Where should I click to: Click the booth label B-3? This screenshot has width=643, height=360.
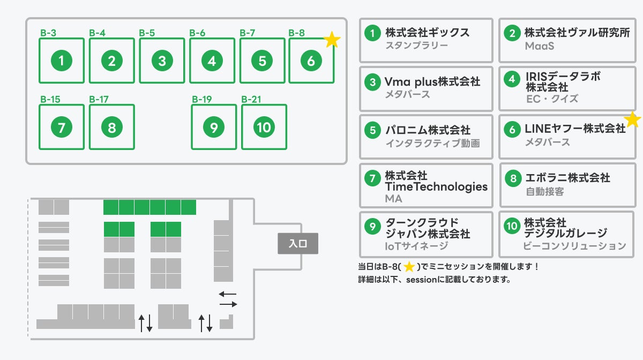point(48,33)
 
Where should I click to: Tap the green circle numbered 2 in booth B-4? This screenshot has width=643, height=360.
point(111,61)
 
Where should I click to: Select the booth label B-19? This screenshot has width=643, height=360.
point(202,99)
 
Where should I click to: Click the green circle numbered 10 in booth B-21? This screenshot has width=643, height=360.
point(264,127)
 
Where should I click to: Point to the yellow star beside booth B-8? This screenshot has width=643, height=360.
point(332,40)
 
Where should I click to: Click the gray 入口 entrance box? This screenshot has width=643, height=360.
point(298,244)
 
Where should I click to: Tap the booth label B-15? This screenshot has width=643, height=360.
point(50,99)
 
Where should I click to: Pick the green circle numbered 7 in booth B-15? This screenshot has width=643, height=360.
point(62,127)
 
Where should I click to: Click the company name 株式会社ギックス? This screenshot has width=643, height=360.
point(427,33)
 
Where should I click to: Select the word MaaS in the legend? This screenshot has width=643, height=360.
point(539,47)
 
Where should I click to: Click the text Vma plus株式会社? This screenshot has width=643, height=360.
point(432,81)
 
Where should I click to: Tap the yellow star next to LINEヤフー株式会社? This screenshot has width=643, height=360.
point(633,120)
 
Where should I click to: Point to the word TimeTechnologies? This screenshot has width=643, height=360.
point(436,187)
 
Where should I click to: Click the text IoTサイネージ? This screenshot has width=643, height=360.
point(416,246)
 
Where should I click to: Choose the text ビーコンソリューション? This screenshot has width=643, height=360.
point(574,246)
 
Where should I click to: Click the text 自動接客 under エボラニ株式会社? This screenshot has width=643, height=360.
point(544,191)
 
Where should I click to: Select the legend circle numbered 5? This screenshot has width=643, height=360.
point(372,130)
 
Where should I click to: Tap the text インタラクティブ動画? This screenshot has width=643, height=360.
point(432,143)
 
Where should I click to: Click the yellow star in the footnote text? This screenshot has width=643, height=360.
point(409,266)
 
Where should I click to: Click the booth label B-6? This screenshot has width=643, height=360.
point(197,33)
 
